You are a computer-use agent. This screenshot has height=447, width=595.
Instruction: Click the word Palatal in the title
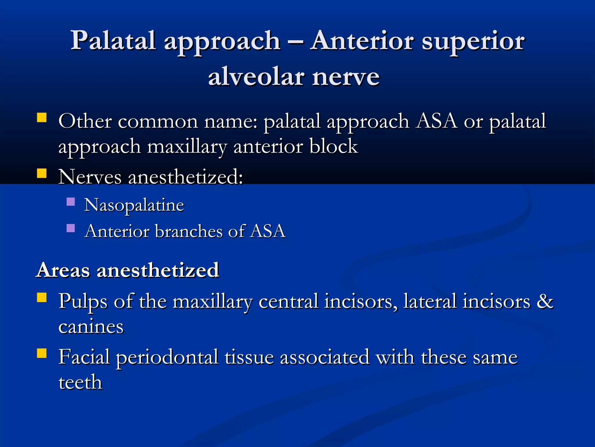coord(113,41)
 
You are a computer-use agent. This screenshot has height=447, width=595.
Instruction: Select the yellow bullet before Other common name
coord(42,118)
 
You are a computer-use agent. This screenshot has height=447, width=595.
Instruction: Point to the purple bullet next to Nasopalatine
coord(71,202)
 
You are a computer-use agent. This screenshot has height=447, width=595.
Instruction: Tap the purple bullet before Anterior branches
coord(71,228)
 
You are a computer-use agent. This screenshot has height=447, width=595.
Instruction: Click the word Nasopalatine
coord(134,205)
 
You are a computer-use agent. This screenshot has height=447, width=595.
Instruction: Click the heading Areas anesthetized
coord(128,270)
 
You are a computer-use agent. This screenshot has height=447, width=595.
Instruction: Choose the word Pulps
coord(83,301)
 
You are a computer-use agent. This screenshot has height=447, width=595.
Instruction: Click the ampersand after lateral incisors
coord(545,301)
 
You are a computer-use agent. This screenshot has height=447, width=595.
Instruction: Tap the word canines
coord(91,327)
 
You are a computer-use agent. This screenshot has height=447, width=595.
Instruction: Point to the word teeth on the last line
coord(80,382)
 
